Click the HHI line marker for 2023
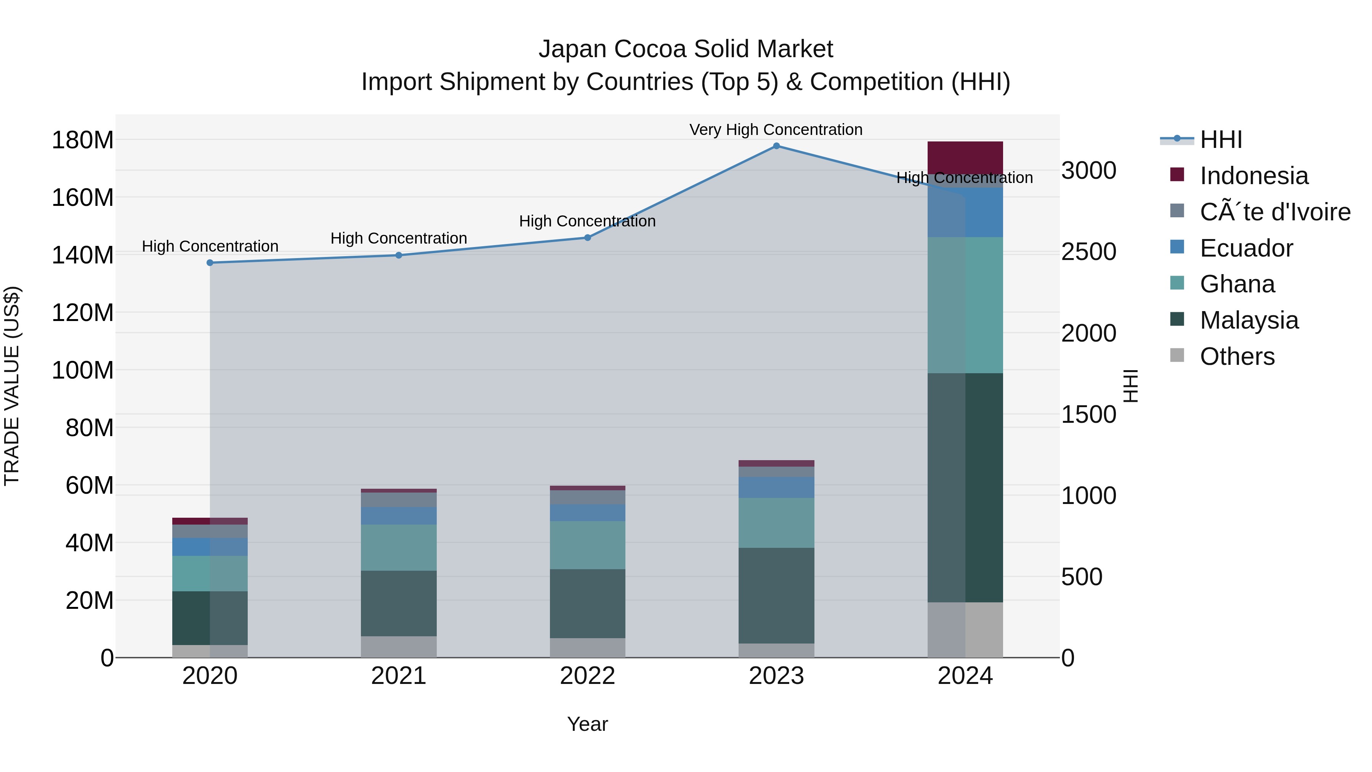tap(776, 146)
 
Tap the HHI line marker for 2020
tap(210, 263)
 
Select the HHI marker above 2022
tap(587, 238)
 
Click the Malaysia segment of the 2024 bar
tap(965, 488)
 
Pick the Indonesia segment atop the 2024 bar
tap(965, 157)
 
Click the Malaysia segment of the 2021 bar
tap(398, 603)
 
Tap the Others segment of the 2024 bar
tap(965, 630)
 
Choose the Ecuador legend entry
tap(1246, 248)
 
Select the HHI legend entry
tap(1220, 140)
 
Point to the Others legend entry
tap(1237, 356)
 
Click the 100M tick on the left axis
tap(83, 370)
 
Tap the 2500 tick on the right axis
tap(1089, 252)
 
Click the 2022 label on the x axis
tap(587, 676)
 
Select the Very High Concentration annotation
tap(776, 130)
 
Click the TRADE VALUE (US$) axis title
tap(12, 386)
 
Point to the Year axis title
tap(587, 724)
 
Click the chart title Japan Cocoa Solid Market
tap(686, 49)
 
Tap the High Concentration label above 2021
tap(398, 238)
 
